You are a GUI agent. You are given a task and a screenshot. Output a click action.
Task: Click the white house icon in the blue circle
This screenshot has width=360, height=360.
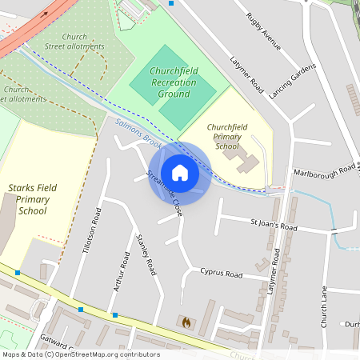[180, 172]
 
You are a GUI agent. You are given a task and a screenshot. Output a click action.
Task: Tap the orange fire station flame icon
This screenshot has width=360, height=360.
[186, 322]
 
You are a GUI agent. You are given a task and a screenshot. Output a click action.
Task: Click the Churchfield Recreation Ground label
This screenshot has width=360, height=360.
[174, 82]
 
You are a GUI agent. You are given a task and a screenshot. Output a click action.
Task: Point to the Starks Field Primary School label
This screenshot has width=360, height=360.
[32, 199]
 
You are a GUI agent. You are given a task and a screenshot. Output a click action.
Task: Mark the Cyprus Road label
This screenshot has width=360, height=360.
[221, 274]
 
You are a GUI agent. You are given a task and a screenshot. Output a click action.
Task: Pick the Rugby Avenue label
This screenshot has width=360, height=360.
[263, 32]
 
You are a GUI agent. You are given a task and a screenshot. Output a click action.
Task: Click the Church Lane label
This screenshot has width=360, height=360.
[325, 307]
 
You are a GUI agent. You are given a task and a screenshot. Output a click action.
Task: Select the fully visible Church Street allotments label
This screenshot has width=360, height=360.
[74, 41]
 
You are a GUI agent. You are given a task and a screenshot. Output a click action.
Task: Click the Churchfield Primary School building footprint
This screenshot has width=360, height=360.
[246, 162]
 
